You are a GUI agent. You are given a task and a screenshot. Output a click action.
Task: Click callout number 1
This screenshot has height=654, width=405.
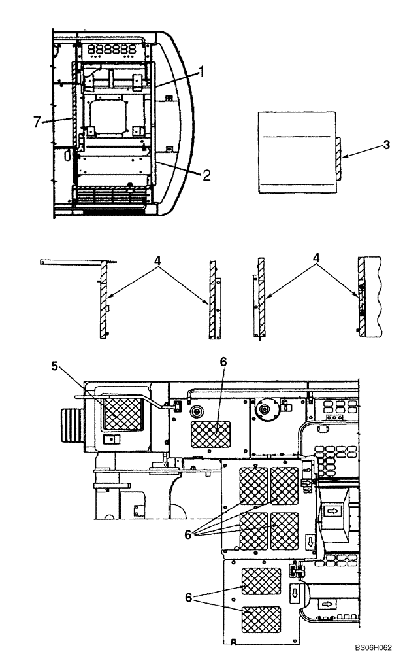click(202, 72)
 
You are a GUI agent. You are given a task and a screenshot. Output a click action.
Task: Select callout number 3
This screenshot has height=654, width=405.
click(387, 145)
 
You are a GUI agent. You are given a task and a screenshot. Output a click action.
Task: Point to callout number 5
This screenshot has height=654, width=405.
click(56, 366)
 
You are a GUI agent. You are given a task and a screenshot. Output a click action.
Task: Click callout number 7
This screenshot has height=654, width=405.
click(37, 120)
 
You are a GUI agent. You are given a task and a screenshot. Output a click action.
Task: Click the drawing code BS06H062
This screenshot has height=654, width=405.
click(368, 647)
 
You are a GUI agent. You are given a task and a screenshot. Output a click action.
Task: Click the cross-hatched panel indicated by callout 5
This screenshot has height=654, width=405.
click(123, 413)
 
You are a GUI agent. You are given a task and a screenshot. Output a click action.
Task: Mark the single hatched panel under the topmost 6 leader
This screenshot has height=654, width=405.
click(211, 434)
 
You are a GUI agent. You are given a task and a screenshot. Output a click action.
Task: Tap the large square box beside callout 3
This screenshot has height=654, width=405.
click(297, 153)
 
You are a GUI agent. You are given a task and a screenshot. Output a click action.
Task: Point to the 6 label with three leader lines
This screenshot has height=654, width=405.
click(187, 534)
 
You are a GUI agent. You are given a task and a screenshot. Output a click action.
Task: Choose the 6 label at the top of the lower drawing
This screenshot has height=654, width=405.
click(223, 362)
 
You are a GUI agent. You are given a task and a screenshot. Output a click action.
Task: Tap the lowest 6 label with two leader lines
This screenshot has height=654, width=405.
click(187, 598)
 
